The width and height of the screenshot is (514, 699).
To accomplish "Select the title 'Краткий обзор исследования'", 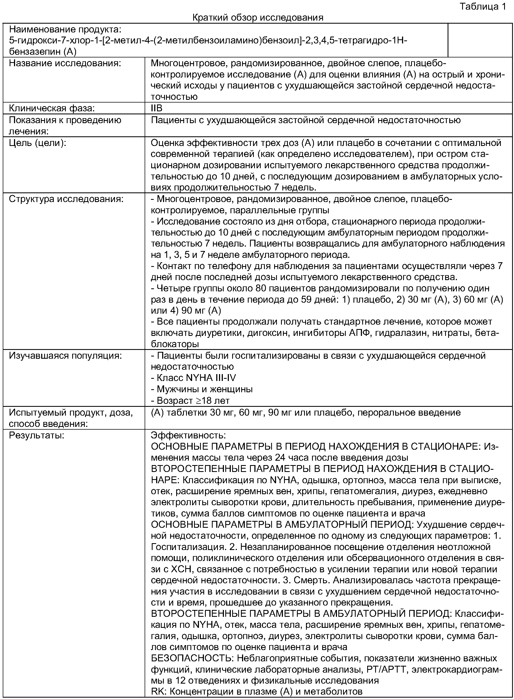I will click(x=258, y=17).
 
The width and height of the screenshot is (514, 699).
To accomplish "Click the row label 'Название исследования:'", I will click(x=65, y=63).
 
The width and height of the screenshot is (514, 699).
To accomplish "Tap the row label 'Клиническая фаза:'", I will click(x=52, y=108).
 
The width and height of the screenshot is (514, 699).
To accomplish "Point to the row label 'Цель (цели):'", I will click(x=37, y=143).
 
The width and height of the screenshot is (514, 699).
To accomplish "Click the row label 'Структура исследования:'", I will click(x=66, y=199).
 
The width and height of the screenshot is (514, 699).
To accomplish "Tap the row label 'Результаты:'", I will click(x=36, y=435).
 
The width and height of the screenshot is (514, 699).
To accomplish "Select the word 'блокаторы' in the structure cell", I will click(x=175, y=344).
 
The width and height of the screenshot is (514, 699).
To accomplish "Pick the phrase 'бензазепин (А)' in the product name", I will click(x=43, y=51).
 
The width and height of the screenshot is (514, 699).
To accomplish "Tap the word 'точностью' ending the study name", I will click(x=174, y=97).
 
